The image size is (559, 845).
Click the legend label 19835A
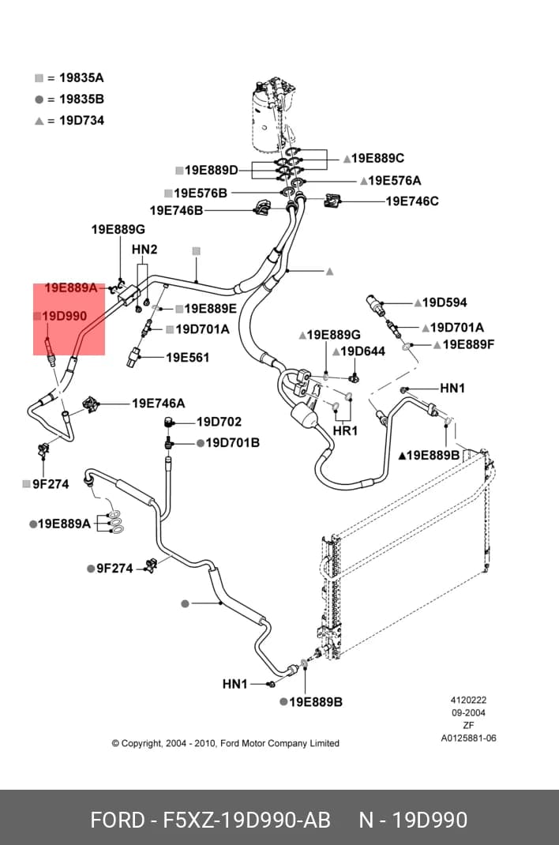81,78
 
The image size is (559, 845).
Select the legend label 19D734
81,121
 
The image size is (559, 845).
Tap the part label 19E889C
377,159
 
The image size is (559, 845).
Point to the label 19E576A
395,181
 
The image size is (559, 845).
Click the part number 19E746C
412,201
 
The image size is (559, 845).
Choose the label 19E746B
176,211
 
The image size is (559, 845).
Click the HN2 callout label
144,250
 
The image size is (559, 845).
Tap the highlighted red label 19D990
64,317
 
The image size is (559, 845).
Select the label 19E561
187,357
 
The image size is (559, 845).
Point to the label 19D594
445,303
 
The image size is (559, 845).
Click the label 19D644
363,352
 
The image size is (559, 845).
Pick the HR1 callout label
345,431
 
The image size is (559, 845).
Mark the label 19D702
219,422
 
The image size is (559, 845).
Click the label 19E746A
159,403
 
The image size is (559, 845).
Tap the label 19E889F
468,344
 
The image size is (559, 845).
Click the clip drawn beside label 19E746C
332,201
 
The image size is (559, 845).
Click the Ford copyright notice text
226,744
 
